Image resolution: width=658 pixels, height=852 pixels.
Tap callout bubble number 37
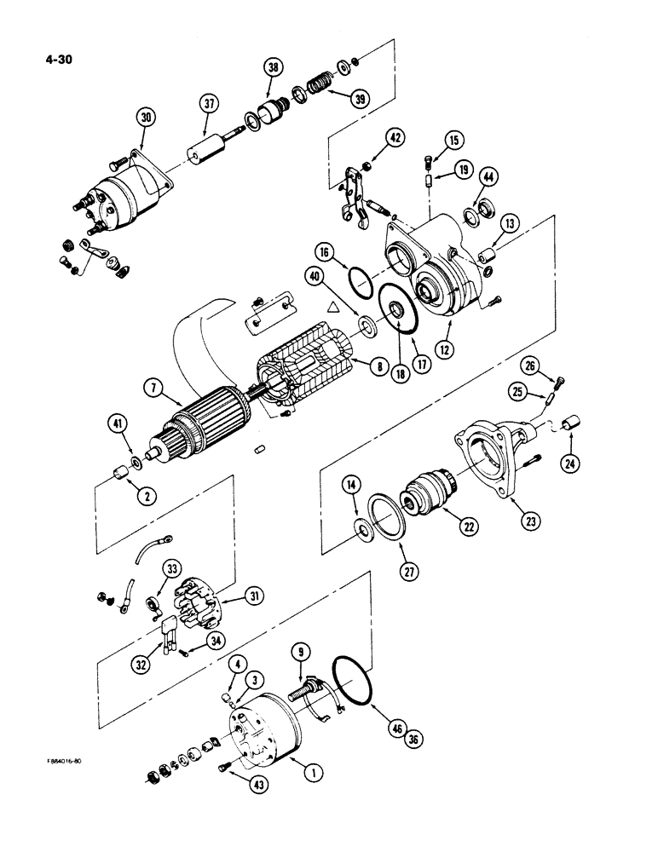coord(210,104)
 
